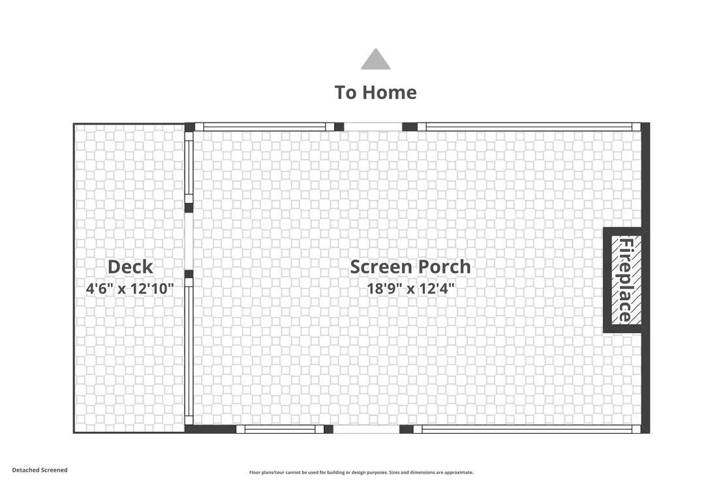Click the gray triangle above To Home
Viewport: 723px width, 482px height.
coord(376,60)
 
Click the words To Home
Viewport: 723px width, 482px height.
coord(376,93)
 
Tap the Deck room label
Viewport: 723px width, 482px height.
coord(130,267)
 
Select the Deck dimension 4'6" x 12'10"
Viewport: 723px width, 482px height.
coord(130,289)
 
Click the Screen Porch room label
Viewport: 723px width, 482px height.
coord(410,267)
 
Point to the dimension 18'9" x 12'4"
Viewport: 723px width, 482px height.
coord(410,289)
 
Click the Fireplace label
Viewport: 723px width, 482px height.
coord(626,280)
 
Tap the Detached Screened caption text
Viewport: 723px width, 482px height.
coord(40,470)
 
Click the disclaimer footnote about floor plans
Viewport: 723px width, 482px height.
coord(361,472)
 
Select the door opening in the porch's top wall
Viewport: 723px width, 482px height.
coord(373,127)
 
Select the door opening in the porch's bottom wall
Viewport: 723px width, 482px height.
coord(366,429)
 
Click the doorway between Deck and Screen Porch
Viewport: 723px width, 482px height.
coord(189,241)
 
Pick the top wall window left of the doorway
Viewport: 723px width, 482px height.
coord(265,127)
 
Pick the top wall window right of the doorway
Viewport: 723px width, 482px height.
coord(529,127)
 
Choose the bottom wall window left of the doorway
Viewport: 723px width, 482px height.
coord(280,429)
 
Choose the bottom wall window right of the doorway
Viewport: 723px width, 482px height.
coord(527,429)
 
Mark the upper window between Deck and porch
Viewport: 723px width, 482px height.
coord(189,168)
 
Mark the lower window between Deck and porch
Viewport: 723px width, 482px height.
coord(189,351)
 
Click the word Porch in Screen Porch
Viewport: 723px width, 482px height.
coord(440,267)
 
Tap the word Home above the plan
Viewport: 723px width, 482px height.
coord(390,93)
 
